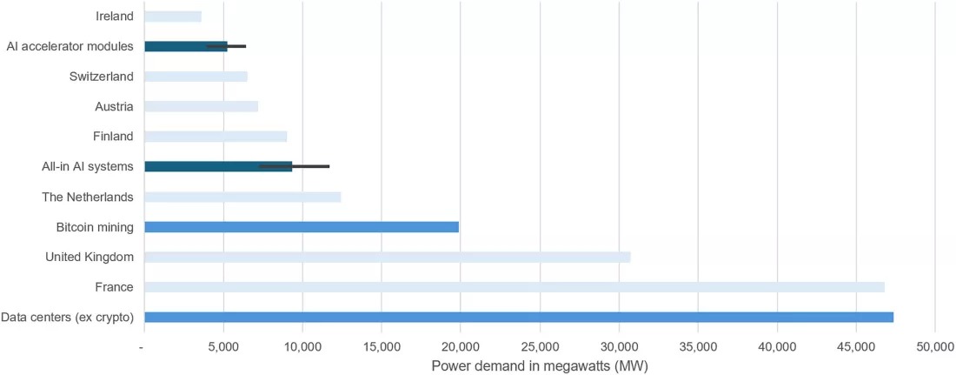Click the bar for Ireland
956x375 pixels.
point(173,17)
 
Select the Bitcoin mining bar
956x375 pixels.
point(302,227)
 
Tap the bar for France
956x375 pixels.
point(515,287)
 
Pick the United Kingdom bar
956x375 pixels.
point(388,258)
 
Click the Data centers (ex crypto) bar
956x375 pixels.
point(519,318)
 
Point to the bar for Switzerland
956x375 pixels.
point(196,77)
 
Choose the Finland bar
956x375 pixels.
point(216,137)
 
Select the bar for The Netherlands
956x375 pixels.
point(242,197)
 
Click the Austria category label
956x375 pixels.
point(114,107)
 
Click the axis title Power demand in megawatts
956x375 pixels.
point(539,365)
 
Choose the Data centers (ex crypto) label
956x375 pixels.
point(68,318)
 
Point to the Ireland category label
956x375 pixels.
point(115,17)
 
